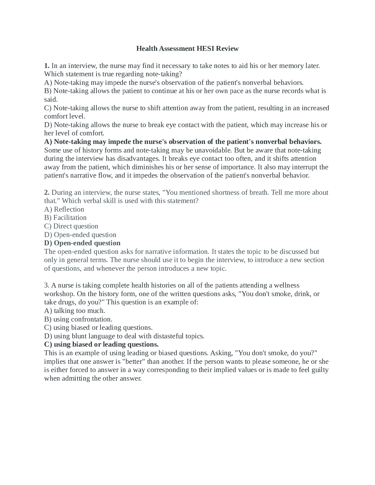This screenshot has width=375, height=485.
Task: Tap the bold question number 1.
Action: click(47, 66)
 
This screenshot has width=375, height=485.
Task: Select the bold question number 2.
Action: click(47, 192)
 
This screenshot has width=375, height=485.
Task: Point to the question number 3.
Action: click(47, 285)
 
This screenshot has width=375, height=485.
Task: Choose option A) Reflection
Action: click(64, 209)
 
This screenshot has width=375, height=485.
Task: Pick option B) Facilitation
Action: click(65, 218)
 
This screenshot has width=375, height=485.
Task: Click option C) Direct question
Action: click(71, 226)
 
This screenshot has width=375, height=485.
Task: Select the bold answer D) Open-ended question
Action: click(82, 243)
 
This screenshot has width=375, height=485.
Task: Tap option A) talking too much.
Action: click(74, 311)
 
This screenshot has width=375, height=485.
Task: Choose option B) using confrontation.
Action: click(78, 319)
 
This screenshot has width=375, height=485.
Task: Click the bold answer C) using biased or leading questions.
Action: click(101, 344)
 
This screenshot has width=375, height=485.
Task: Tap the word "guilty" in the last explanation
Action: click(320, 370)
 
